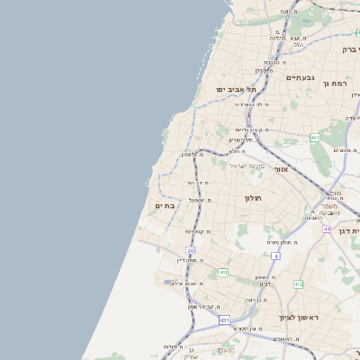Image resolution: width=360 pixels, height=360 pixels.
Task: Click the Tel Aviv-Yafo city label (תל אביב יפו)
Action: (236, 90)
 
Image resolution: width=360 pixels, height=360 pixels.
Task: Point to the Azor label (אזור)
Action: (281, 168)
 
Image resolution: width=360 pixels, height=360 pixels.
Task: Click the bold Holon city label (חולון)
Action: (252, 196)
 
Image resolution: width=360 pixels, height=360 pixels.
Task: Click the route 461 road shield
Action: (314, 138)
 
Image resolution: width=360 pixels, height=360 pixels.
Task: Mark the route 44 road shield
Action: (326, 229)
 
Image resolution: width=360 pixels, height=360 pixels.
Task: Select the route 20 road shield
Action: (191, 250)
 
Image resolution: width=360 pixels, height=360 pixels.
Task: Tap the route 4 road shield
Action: (275, 256)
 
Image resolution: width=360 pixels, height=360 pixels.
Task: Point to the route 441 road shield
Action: (222, 272)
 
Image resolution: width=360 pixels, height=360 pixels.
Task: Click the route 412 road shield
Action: (298, 284)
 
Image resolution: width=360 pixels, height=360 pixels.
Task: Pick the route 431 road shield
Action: (224, 319)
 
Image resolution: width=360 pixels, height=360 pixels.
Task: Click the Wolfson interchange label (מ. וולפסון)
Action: (195, 155)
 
